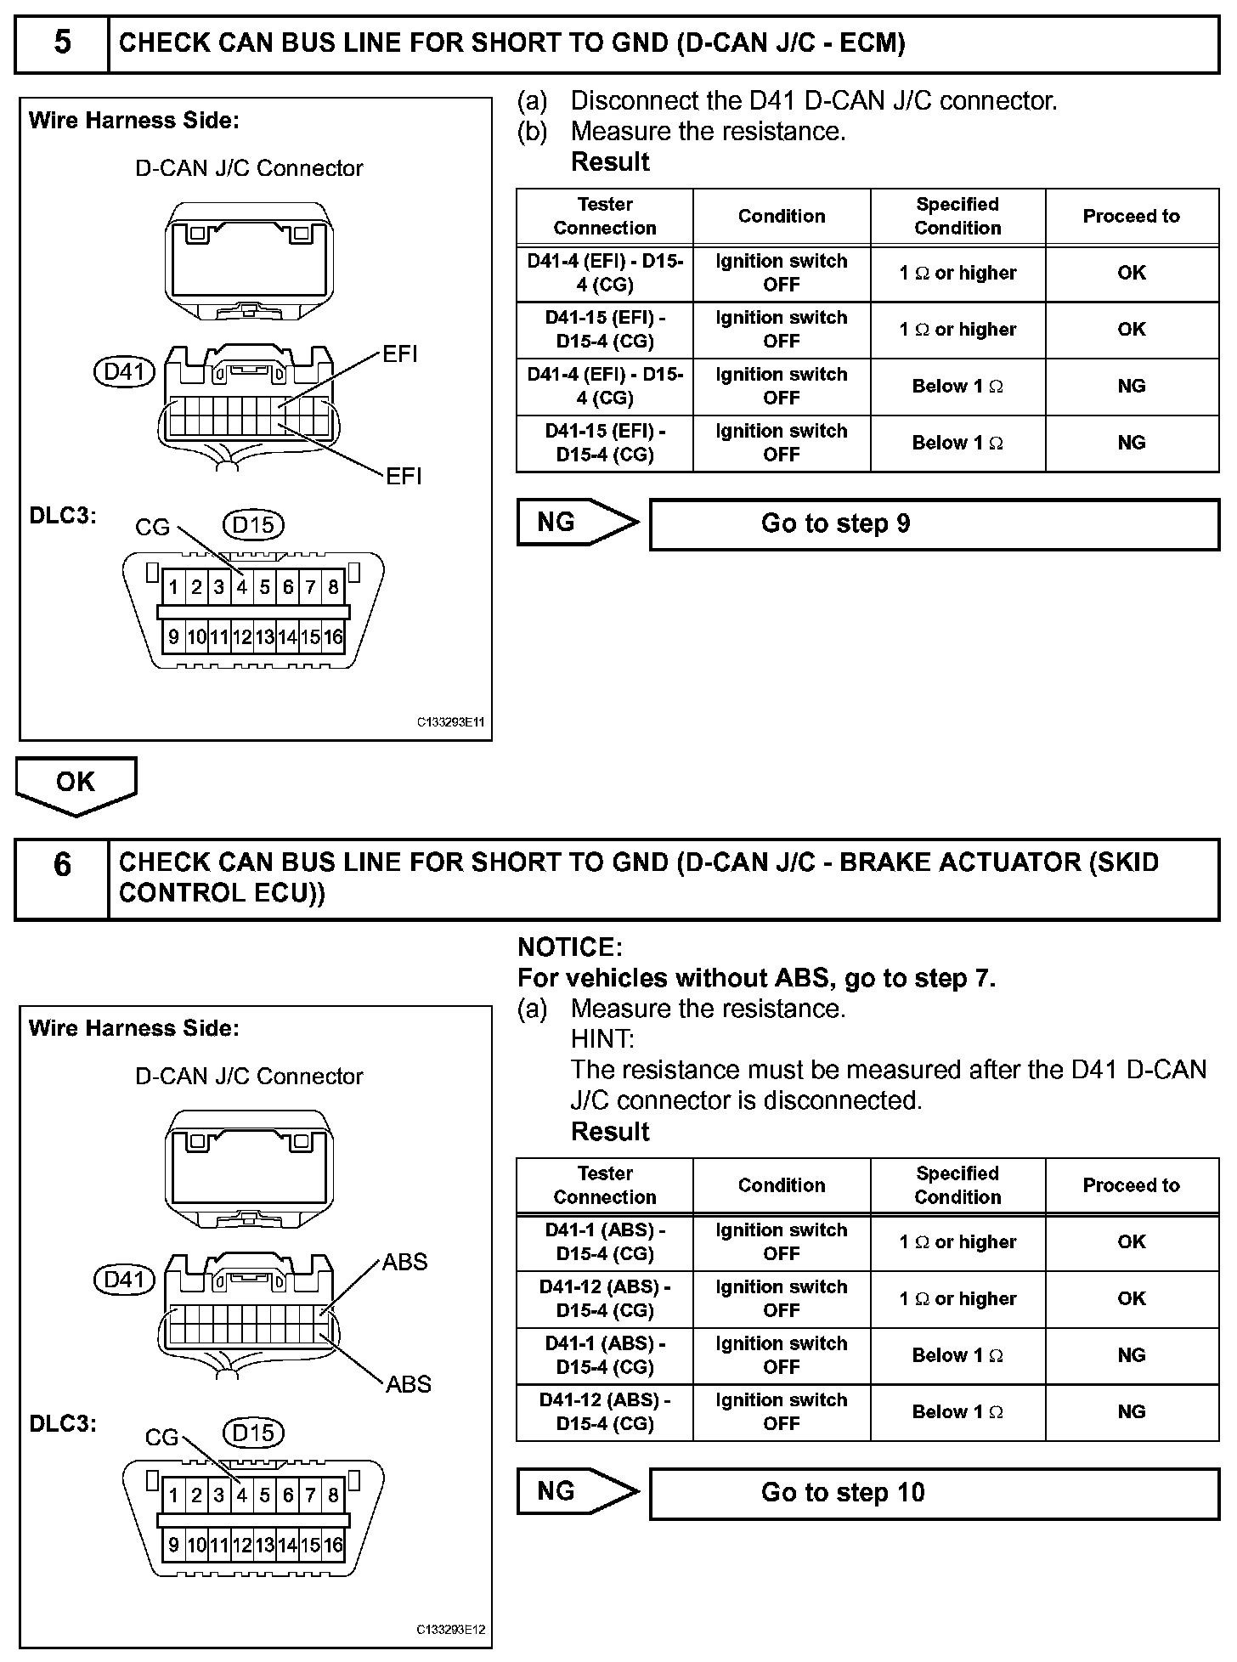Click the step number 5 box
(62, 42)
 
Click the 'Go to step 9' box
(934, 523)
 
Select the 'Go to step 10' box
(934, 1493)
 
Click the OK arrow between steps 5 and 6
(76, 783)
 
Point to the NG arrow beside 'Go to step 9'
(575, 522)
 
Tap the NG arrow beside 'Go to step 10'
(575, 1491)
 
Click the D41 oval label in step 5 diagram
(124, 371)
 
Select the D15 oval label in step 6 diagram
(252, 1433)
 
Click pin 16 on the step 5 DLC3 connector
(333, 636)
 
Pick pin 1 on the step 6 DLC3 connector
(173, 1495)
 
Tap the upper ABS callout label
(404, 1262)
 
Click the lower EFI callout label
(404, 476)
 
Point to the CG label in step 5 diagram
(152, 528)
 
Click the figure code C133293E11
(450, 722)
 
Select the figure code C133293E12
(450, 1630)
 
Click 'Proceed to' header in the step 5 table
(1131, 216)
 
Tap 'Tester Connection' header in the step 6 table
(604, 1184)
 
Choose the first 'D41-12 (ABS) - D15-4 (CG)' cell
(604, 1298)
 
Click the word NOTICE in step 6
(569, 947)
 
